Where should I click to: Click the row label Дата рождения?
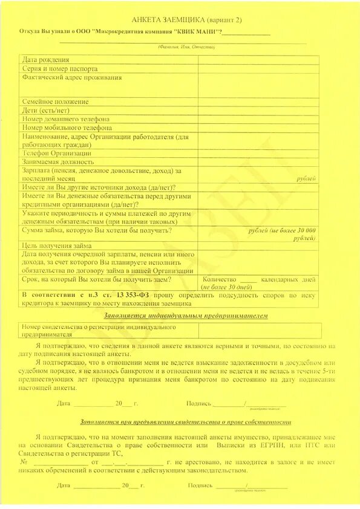[x=46, y=60]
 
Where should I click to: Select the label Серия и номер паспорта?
[x=59, y=69]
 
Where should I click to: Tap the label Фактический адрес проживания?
[x=72, y=77]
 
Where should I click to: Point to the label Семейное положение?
[x=56, y=102]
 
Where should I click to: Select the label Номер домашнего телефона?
[x=66, y=119]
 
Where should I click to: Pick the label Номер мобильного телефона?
[x=67, y=128]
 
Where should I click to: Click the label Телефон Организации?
[x=57, y=153]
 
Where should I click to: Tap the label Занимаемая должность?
[x=58, y=162]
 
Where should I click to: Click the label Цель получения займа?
[x=57, y=245]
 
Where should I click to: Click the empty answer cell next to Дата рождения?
[x=258, y=60]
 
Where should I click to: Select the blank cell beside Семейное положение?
[x=258, y=102]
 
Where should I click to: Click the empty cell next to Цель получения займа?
[x=258, y=245]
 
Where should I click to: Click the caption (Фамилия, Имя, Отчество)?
[x=186, y=47]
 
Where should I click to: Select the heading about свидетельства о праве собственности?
[x=185, y=422]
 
